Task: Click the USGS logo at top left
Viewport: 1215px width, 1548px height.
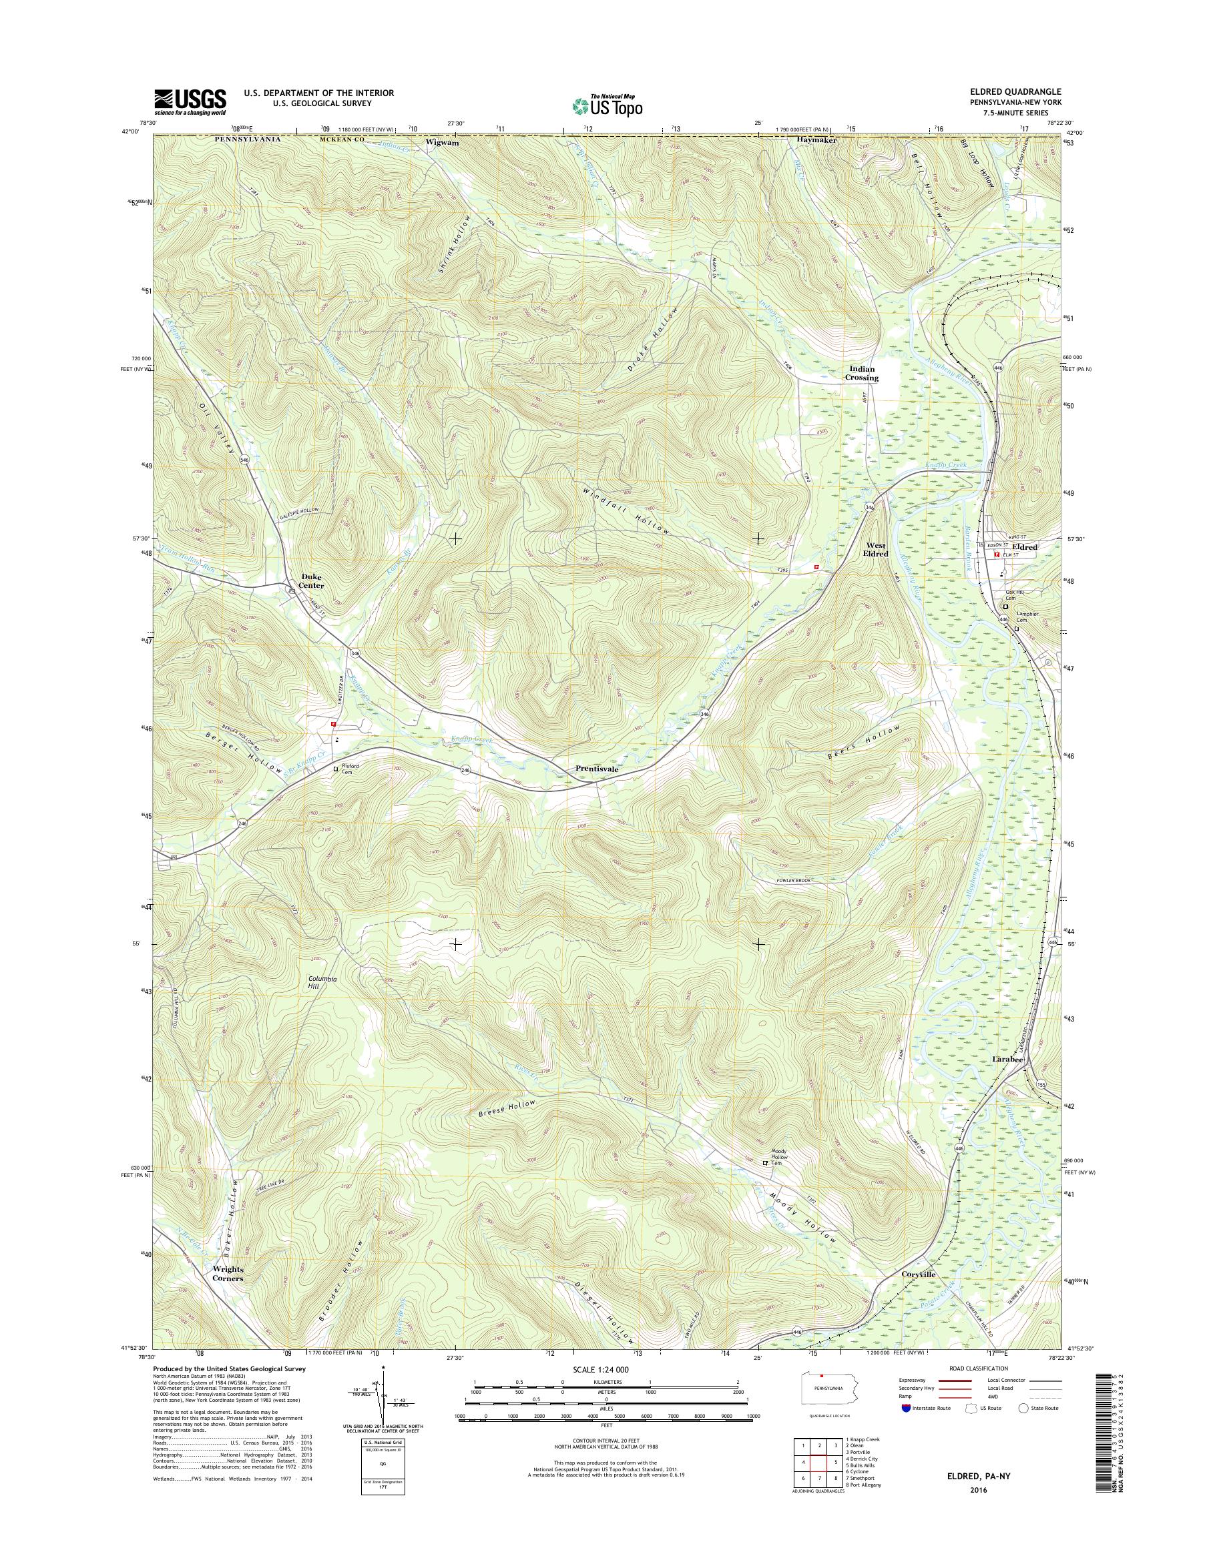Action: (x=191, y=101)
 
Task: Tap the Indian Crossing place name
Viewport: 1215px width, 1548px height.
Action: (x=862, y=373)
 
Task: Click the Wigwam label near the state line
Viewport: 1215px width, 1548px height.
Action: (x=442, y=141)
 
